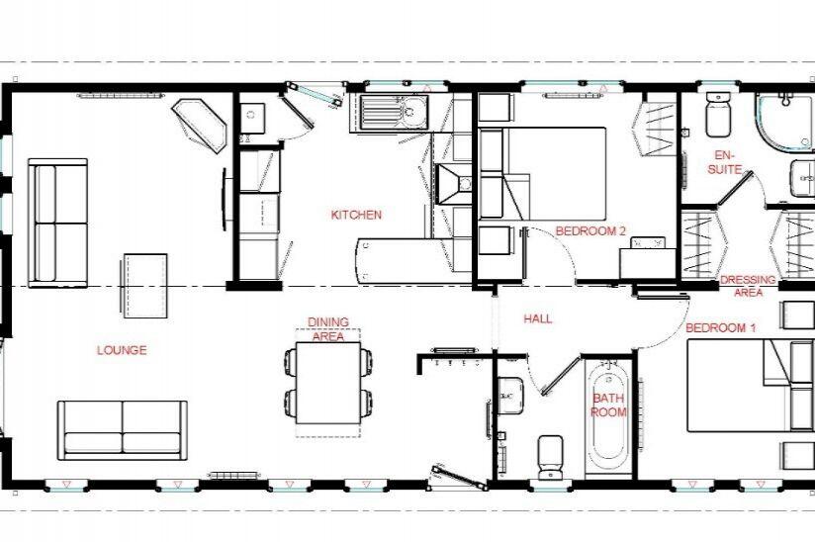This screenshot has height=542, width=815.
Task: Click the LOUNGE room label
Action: coord(122,350)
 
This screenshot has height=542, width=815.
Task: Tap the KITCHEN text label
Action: coord(356,215)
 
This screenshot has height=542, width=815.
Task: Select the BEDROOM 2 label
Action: coord(590,230)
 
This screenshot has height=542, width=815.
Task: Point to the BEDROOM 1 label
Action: coord(720,327)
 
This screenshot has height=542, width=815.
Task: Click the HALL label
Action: coord(537,318)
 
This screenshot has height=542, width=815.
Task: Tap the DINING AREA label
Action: coord(326,329)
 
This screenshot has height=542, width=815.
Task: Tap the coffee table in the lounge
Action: coord(144,286)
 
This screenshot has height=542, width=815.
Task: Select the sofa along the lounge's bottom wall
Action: coord(121,429)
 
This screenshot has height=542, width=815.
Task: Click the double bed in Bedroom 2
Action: coord(554,173)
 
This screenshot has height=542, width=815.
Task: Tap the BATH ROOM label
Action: coord(608,406)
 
